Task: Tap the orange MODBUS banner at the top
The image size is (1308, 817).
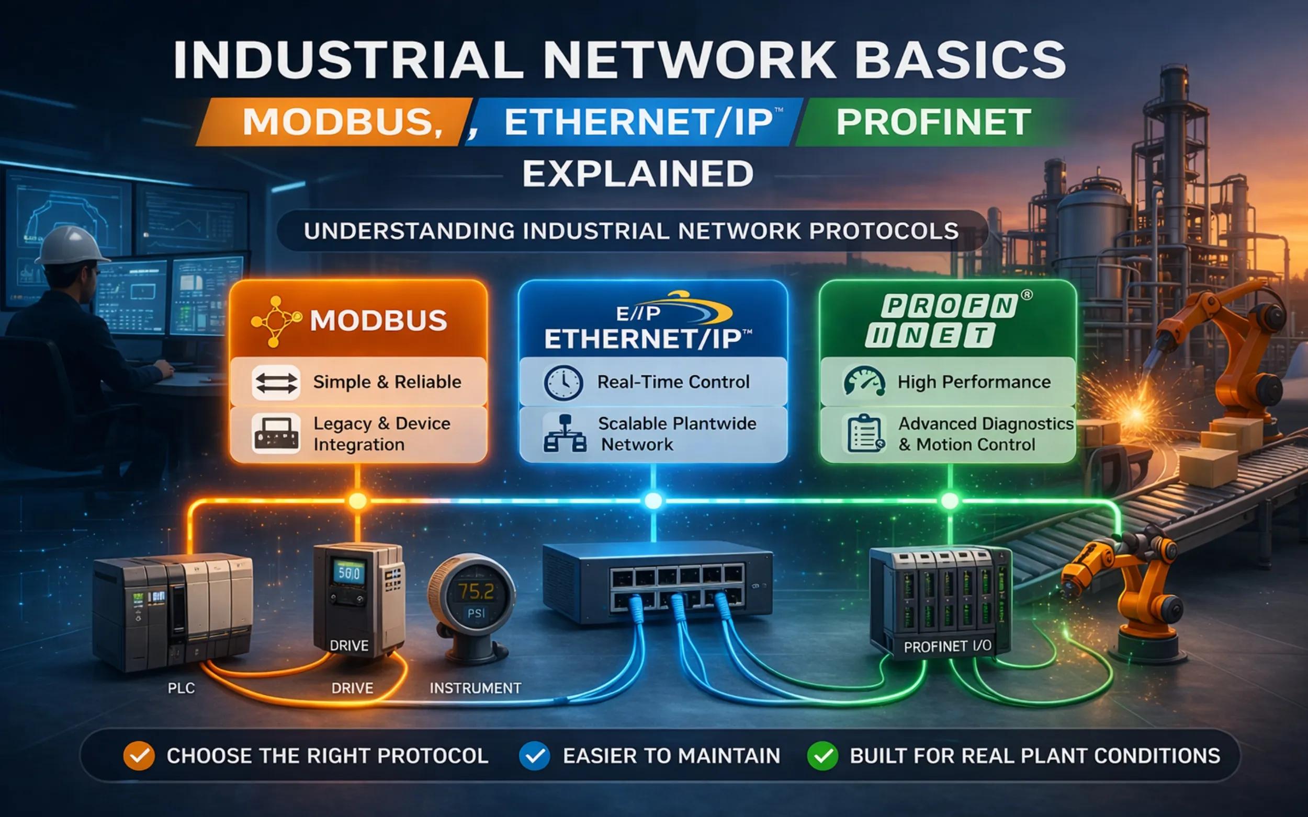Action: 335,122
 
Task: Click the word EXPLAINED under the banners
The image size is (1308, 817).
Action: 638,174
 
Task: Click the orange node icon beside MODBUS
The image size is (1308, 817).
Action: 276,321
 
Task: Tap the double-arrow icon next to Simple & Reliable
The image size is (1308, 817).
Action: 276,383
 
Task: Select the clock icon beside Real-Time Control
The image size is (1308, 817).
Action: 563,383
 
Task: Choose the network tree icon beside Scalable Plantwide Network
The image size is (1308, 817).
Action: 565,433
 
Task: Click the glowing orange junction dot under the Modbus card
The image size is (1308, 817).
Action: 357,501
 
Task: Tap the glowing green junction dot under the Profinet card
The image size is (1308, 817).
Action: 950,501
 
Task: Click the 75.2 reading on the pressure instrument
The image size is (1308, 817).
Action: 476,592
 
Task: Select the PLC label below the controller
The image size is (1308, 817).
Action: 181,688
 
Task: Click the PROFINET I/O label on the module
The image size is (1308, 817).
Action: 947,647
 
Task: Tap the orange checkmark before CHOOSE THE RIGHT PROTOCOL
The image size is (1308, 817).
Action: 139,756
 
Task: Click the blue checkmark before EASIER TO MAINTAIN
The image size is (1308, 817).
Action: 534,756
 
